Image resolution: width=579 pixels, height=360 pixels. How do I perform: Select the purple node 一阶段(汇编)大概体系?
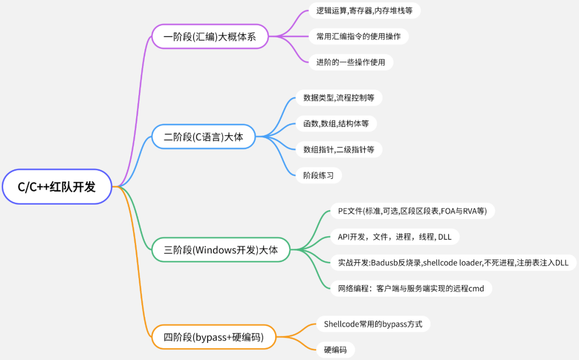point(210,36)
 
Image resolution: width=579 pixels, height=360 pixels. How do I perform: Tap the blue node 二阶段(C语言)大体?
point(203,137)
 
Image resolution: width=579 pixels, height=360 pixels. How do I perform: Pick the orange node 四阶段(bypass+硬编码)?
point(213,337)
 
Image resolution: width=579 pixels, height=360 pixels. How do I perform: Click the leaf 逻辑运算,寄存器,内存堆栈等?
point(365,11)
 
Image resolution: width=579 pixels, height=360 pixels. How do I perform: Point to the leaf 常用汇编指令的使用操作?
point(359,36)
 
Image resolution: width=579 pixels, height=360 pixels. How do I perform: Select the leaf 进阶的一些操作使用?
point(351,62)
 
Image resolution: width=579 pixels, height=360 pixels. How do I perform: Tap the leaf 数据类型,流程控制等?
point(339,97)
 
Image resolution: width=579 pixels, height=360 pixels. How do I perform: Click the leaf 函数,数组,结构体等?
point(336,124)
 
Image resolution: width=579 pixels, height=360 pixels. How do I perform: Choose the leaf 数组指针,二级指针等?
point(339,149)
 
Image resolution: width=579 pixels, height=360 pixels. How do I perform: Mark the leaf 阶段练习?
point(318,175)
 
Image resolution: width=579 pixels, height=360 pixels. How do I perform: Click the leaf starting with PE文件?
point(412,211)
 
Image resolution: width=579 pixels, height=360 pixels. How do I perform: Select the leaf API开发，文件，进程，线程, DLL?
point(395,237)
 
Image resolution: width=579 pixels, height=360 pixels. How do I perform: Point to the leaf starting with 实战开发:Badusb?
point(453,262)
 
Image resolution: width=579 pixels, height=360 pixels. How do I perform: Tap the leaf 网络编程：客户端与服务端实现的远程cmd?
point(411,289)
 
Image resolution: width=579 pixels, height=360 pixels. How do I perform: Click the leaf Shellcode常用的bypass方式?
point(373,324)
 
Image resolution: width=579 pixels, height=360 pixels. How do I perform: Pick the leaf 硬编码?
point(335,350)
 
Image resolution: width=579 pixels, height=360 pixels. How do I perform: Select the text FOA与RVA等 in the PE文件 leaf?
point(463,211)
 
